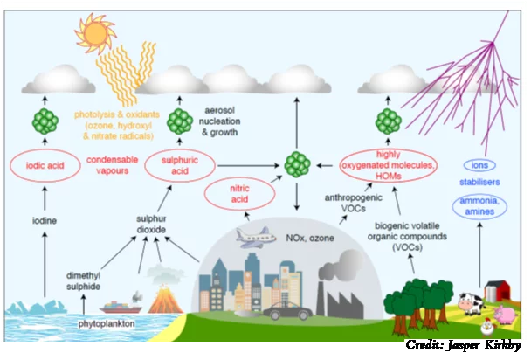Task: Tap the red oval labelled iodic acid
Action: [45, 164]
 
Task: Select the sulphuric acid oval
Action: [180, 164]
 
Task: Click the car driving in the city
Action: [286, 310]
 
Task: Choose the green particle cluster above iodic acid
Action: [45, 120]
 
